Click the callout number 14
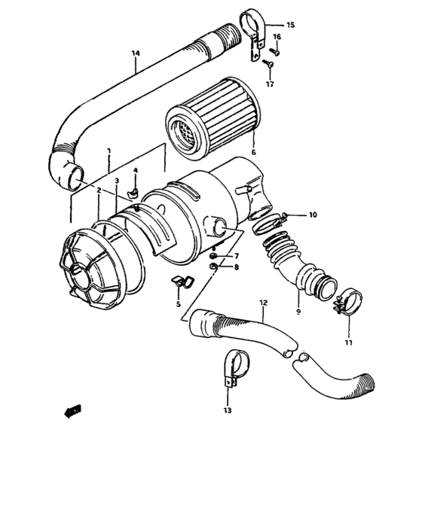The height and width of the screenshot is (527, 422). click(136, 53)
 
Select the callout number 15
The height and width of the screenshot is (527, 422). click(290, 25)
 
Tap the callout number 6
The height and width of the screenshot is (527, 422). click(253, 151)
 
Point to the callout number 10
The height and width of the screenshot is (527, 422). click(312, 215)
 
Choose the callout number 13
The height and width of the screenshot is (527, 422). click(228, 411)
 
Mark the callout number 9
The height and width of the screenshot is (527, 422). click(297, 310)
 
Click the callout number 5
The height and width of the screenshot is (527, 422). click(178, 304)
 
